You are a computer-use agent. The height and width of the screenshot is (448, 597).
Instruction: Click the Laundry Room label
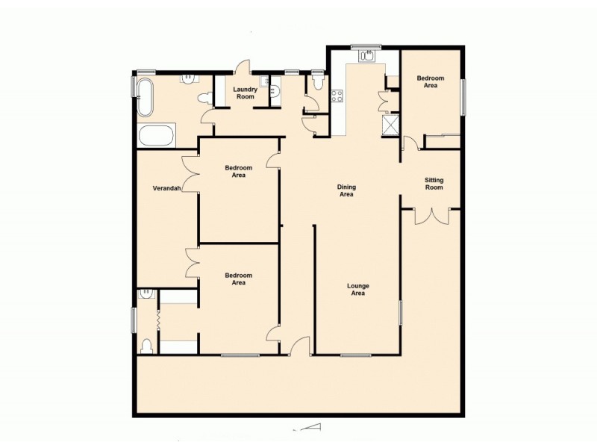tap(245, 93)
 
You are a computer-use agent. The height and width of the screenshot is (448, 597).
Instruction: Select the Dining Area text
tap(346, 190)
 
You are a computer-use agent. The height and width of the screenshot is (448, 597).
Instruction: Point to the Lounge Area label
tap(358, 290)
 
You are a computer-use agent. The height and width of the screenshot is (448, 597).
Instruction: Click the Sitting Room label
tap(434, 184)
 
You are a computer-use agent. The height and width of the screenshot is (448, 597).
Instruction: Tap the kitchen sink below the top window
tap(367, 55)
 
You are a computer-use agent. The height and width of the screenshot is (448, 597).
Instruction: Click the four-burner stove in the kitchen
tap(337, 96)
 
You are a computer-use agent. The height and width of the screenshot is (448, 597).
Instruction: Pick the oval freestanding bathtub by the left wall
tap(144, 97)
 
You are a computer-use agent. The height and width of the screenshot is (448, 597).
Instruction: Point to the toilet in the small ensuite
tap(147, 345)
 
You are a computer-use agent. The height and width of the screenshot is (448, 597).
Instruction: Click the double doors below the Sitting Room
tap(431, 215)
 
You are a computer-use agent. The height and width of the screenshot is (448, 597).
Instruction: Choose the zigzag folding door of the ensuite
tap(159, 320)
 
